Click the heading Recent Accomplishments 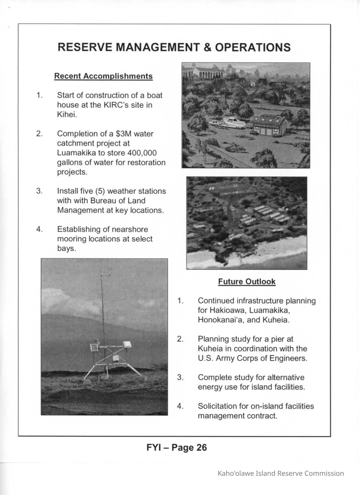pyautogui.click(x=103, y=76)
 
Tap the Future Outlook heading pyautogui.click(x=247, y=282)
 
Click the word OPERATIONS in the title pyautogui.click(x=253, y=47)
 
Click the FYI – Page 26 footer pyautogui.click(x=177, y=448)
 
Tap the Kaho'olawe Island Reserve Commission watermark pyautogui.click(x=281, y=473)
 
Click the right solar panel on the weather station pyautogui.click(x=127, y=344)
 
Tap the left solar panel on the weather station pyautogui.click(x=93, y=348)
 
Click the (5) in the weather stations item pyautogui.click(x=100, y=191)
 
